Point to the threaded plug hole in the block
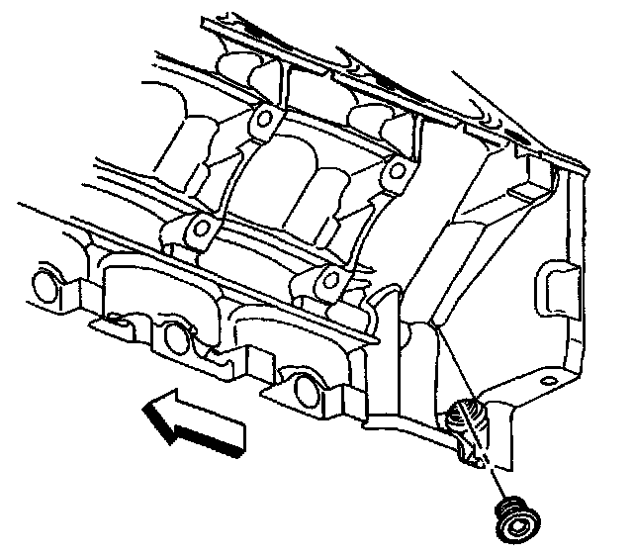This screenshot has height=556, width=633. (x=468, y=420)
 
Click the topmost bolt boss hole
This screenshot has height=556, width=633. (x=260, y=122)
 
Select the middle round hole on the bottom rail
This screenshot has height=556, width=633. (x=176, y=336)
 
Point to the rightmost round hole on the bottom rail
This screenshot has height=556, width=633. (x=307, y=389)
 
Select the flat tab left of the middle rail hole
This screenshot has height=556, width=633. (x=109, y=322)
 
